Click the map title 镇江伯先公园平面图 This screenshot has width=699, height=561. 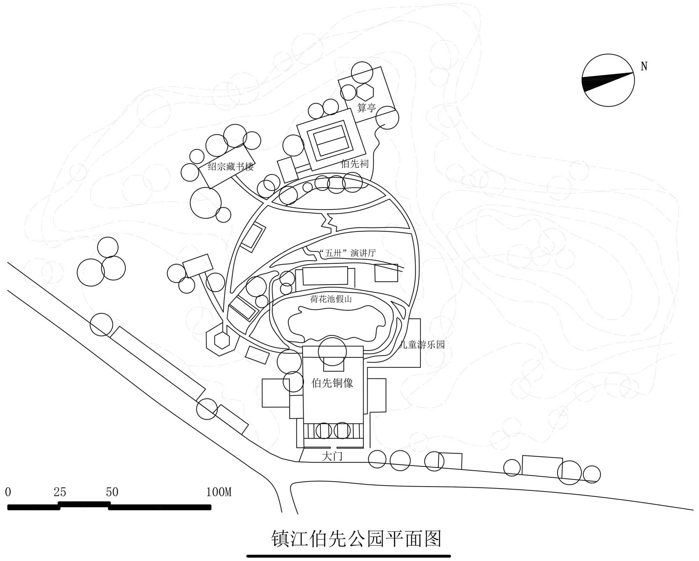coord(356,539)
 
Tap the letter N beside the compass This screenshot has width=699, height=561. coord(644,66)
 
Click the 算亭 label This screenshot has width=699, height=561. coord(366,108)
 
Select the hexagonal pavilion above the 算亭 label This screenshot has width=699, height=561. coord(365,92)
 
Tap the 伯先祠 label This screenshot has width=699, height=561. coord(355,163)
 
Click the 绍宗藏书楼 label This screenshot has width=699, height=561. coord(231,166)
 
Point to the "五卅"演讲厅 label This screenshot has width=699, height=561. coord(347,253)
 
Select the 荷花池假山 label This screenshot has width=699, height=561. coord(331,299)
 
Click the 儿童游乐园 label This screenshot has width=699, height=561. coord(422,345)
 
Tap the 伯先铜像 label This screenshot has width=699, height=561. coord(332,383)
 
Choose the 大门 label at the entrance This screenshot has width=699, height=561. coord(332,456)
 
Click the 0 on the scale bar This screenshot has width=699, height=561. coord(8,492)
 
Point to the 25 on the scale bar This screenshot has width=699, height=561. coord(60,492)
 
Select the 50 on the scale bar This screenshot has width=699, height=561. coord(112,492)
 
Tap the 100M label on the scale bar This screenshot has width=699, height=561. coord(219,492)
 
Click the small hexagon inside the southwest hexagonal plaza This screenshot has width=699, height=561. coord(222,340)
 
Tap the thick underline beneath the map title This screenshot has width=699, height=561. coord(348,556)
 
